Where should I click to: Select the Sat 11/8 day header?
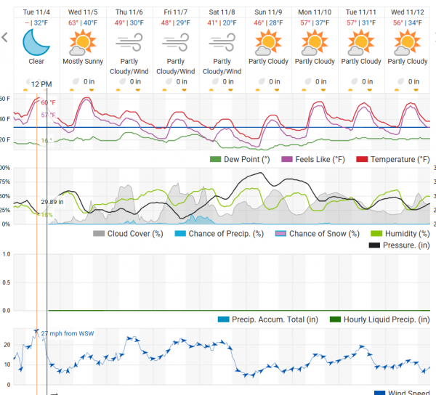coord(222,12)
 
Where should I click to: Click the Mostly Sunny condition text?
coord(82,62)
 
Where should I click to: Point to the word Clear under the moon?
coord(36,62)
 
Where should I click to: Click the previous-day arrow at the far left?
coord(5,37)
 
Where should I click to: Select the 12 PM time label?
coord(41,85)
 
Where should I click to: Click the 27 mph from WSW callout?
coord(68,334)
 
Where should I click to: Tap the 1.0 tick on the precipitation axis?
coord(6,253)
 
